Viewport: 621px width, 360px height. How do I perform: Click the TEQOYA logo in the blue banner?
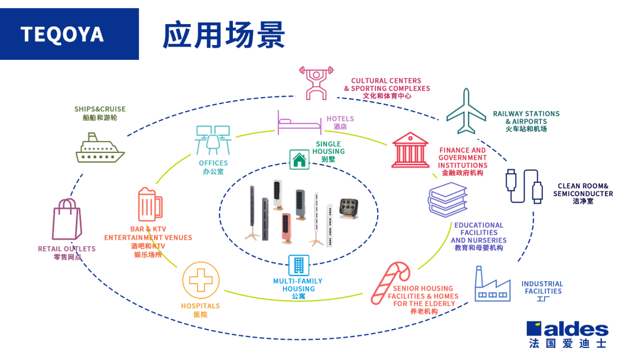pyautogui.click(x=62, y=35)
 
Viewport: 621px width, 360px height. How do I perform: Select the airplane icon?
pyautogui.click(x=466, y=112)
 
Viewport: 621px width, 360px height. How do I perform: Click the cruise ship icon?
pyautogui.click(x=99, y=148)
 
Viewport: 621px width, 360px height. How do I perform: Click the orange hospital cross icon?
pyautogui.click(x=201, y=280)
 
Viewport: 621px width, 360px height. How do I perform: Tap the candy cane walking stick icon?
pyautogui.click(x=390, y=282)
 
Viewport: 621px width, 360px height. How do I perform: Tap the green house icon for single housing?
pyautogui.click(x=298, y=159)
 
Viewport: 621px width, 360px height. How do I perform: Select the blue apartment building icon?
pyautogui.click(x=298, y=265)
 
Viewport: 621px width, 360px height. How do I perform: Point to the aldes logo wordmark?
pyautogui.click(x=567, y=330)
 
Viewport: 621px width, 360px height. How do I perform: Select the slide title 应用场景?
pyautogui.click(x=224, y=35)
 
